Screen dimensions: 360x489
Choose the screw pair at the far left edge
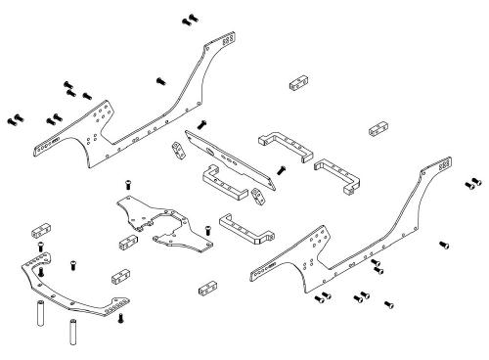14,119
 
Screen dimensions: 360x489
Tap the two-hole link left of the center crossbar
177,150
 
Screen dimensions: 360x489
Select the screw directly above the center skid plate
129,184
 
